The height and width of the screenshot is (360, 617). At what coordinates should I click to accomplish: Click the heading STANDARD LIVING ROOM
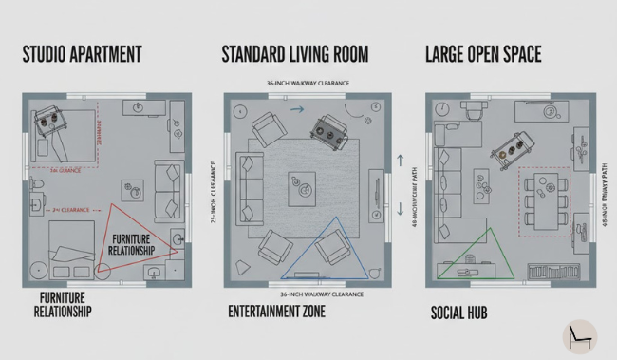295,53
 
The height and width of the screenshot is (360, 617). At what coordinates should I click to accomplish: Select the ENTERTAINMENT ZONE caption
286,311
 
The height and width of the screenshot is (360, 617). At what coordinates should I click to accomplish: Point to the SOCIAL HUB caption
459,312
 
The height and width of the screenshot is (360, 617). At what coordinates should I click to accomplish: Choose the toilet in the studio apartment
38,182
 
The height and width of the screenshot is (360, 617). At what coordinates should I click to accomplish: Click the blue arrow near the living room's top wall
296,110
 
